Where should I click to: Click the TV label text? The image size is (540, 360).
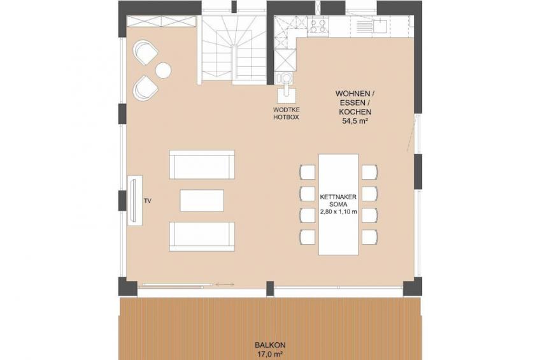pyautogui.click(x=148, y=201)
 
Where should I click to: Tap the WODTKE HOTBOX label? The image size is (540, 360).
pyautogui.click(x=286, y=113)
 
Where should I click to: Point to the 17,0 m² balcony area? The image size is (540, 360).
pyautogui.click(x=270, y=354)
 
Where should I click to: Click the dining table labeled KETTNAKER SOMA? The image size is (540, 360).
pyautogui.click(x=338, y=205)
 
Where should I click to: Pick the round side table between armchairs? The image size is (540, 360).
pyautogui.click(x=163, y=70)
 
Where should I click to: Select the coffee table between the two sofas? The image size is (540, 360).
pyautogui.click(x=202, y=201)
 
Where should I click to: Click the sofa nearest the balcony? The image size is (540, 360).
pyautogui.click(x=202, y=236)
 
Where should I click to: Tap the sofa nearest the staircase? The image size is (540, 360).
pyautogui.click(x=202, y=164)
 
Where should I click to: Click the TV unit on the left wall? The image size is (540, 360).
pyautogui.click(x=135, y=201)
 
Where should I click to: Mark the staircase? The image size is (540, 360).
pyautogui.click(x=234, y=50)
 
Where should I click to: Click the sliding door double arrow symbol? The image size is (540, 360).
pyautogui.click(x=225, y=285)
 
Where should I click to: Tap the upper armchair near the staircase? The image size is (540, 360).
pyautogui.click(x=145, y=53)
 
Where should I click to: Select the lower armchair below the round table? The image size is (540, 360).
pyautogui.click(x=145, y=88)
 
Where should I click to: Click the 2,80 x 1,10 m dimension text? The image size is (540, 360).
pyautogui.click(x=338, y=212)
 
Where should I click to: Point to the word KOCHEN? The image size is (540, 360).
pyautogui.click(x=355, y=112)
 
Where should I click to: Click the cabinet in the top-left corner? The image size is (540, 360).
pyautogui.click(x=162, y=21)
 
